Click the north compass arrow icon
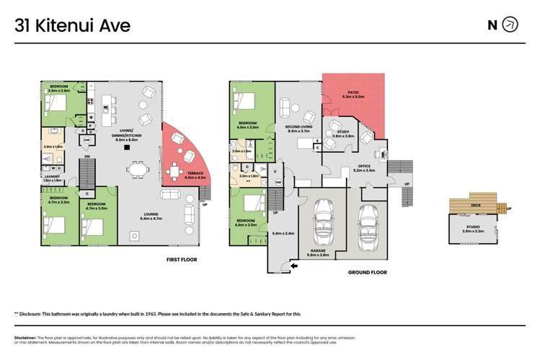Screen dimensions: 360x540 coord(510,25)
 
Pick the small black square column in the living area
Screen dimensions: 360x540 coord(127,148)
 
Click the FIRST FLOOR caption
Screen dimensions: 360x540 coord(182,258)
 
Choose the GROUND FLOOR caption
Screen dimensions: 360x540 coord(368,273)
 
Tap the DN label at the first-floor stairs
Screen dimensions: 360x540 coord(87,157)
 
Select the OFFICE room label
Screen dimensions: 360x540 coord(364,167)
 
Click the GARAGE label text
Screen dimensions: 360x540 coord(318,251)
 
